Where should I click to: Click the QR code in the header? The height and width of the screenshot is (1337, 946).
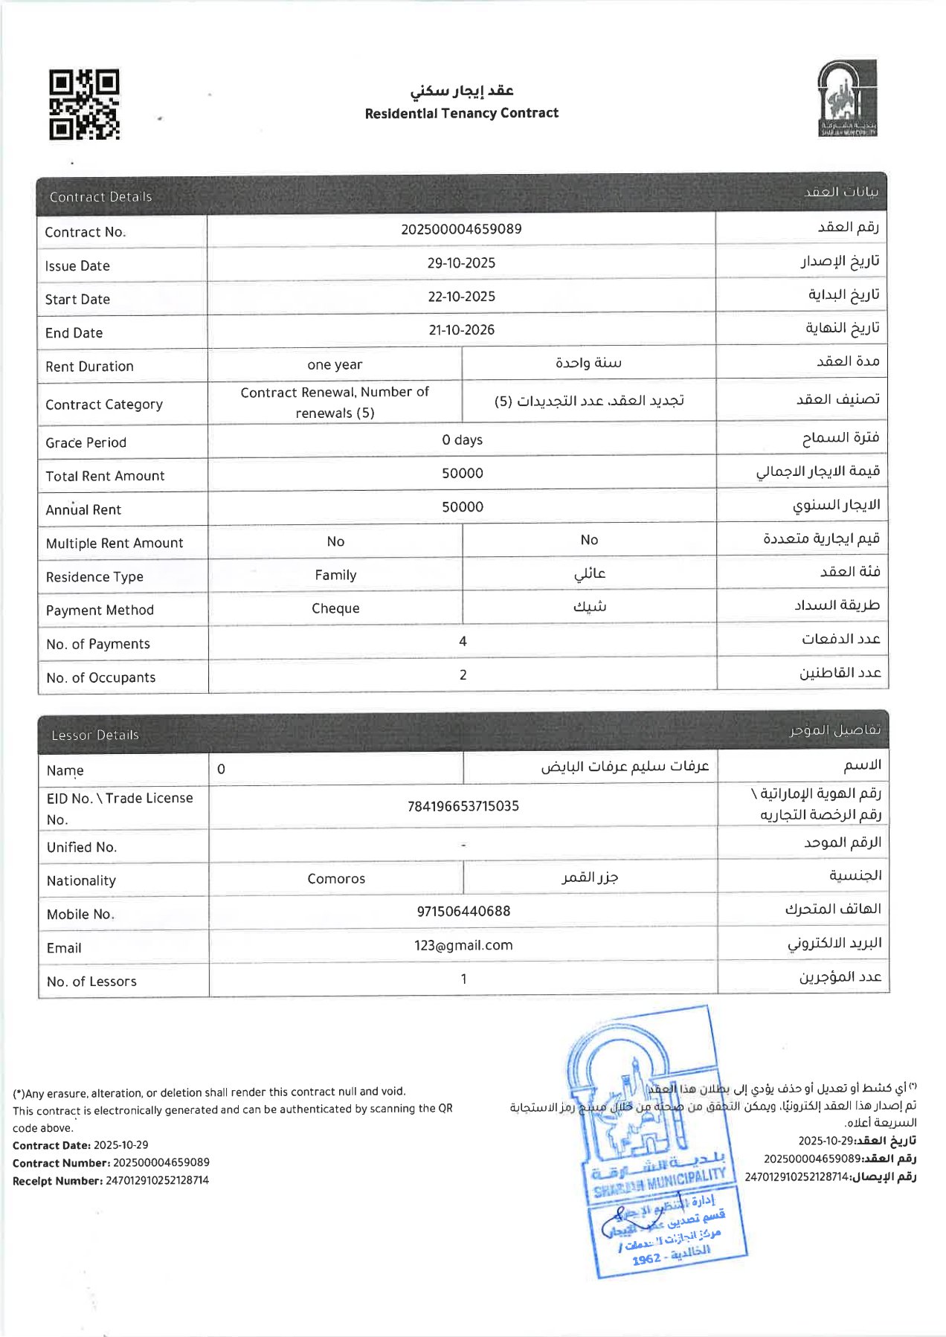[84, 105]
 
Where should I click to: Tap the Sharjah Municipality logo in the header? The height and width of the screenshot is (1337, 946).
[847, 99]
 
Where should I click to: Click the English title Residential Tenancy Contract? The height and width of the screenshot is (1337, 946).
[461, 113]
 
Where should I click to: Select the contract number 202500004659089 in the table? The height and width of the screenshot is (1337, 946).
[461, 229]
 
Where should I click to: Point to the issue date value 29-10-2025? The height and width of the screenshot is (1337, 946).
[461, 263]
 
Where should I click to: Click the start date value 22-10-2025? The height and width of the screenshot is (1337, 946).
[461, 297]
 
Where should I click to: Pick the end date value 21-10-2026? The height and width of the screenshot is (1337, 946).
[461, 330]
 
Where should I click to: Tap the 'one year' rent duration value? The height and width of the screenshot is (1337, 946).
[335, 365]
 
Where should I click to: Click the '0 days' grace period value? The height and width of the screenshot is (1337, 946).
[462, 440]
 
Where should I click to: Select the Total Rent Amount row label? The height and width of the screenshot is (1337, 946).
[105, 476]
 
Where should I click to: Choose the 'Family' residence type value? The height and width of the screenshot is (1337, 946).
[335, 575]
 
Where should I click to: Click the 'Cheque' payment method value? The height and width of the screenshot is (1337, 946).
[335, 608]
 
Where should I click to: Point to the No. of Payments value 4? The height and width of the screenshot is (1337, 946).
[463, 641]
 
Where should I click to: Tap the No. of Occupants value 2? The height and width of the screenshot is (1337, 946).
[463, 674]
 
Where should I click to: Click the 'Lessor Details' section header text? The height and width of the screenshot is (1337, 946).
[95, 735]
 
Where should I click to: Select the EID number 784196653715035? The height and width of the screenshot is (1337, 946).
[463, 806]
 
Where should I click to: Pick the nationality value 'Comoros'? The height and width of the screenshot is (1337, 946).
[336, 879]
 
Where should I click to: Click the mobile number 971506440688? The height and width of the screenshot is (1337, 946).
[463, 912]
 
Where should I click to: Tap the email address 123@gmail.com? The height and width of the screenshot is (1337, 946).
[463, 945]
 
